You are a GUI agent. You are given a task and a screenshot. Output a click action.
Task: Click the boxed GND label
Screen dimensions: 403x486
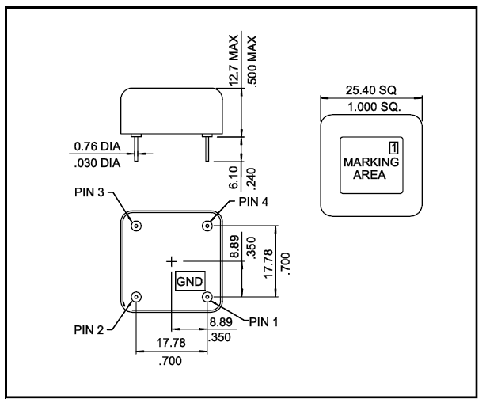click(189, 281)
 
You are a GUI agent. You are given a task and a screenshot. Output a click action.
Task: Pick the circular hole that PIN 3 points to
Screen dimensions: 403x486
click(137, 226)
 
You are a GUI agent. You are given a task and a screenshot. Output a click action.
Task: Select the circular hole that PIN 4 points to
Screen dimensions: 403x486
click(209, 226)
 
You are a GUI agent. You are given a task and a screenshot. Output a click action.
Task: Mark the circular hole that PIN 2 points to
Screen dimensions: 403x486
click(137, 297)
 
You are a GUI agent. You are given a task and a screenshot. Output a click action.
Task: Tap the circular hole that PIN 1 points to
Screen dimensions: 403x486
click(209, 297)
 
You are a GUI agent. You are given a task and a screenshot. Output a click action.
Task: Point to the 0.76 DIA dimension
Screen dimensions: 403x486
click(94, 146)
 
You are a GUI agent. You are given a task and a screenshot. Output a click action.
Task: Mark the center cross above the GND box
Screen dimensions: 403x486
click(173, 260)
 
